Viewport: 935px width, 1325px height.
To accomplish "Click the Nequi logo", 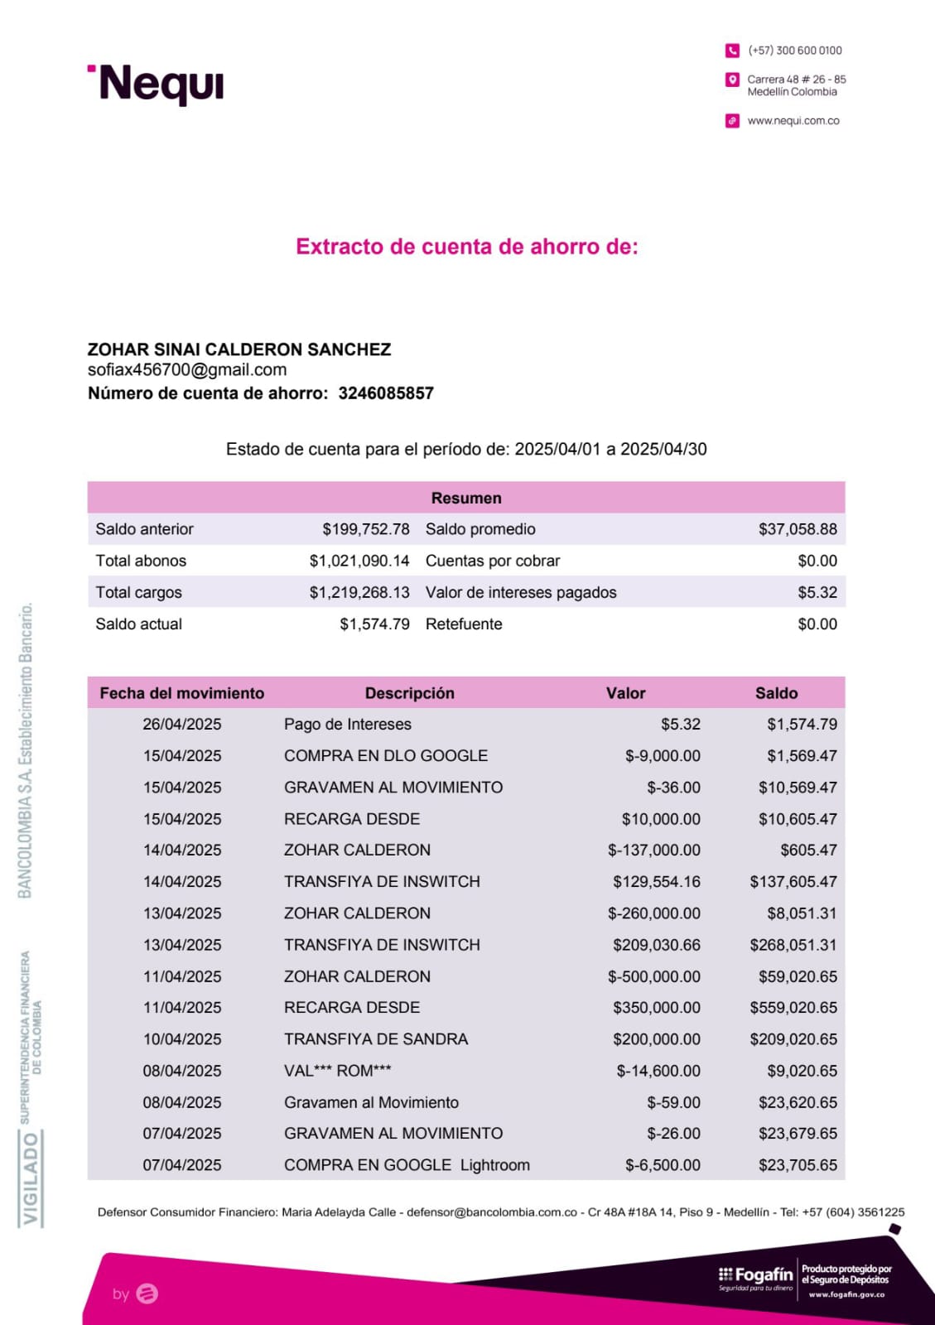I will pos(157,84).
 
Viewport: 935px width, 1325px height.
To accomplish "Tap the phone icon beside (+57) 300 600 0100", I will pos(732,51).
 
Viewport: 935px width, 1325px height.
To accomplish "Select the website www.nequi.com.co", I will pos(793,121).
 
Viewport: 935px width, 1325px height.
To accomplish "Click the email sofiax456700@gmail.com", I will pos(187,370).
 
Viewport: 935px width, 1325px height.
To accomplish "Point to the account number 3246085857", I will pos(386,393).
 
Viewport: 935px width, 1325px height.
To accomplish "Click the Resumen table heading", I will pos(466,498).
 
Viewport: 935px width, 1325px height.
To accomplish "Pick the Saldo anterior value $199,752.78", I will pos(366,529).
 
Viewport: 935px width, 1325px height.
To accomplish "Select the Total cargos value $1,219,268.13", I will pos(359,592).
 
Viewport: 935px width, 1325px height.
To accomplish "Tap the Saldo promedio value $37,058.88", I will pos(798,529).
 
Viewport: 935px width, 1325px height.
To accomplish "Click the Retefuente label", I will pos(464,624).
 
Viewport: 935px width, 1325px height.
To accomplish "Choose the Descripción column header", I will pos(410,693).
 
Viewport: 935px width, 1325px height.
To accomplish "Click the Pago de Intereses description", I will pos(348,725).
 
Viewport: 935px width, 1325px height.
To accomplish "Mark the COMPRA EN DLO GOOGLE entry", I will pos(386,756).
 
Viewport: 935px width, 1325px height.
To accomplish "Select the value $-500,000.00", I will pos(654,976).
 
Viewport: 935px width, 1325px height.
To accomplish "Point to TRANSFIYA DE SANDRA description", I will pos(376,1039).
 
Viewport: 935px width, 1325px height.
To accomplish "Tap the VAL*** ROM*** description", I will pos(338,1071).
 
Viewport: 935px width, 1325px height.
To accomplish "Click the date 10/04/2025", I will pos(182,1039).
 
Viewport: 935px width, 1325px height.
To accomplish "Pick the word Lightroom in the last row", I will pos(495,1165).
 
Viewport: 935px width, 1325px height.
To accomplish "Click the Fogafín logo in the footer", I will pos(755,1277).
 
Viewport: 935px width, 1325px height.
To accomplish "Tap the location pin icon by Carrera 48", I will pos(732,80).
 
